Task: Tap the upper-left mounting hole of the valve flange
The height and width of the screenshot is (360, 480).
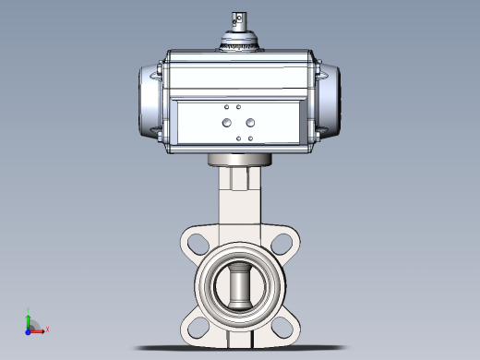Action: pos(196,242)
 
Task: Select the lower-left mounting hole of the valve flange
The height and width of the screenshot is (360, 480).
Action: pos(196,324)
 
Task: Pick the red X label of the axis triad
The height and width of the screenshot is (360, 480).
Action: pos(47,329)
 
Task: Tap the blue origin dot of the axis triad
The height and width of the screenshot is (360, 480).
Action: pos(29,330)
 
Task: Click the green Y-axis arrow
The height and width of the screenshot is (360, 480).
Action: pos(29,321)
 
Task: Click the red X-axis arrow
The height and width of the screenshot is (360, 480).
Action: pos(38,330)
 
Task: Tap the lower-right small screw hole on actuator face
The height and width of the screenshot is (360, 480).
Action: pos(249,138)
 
